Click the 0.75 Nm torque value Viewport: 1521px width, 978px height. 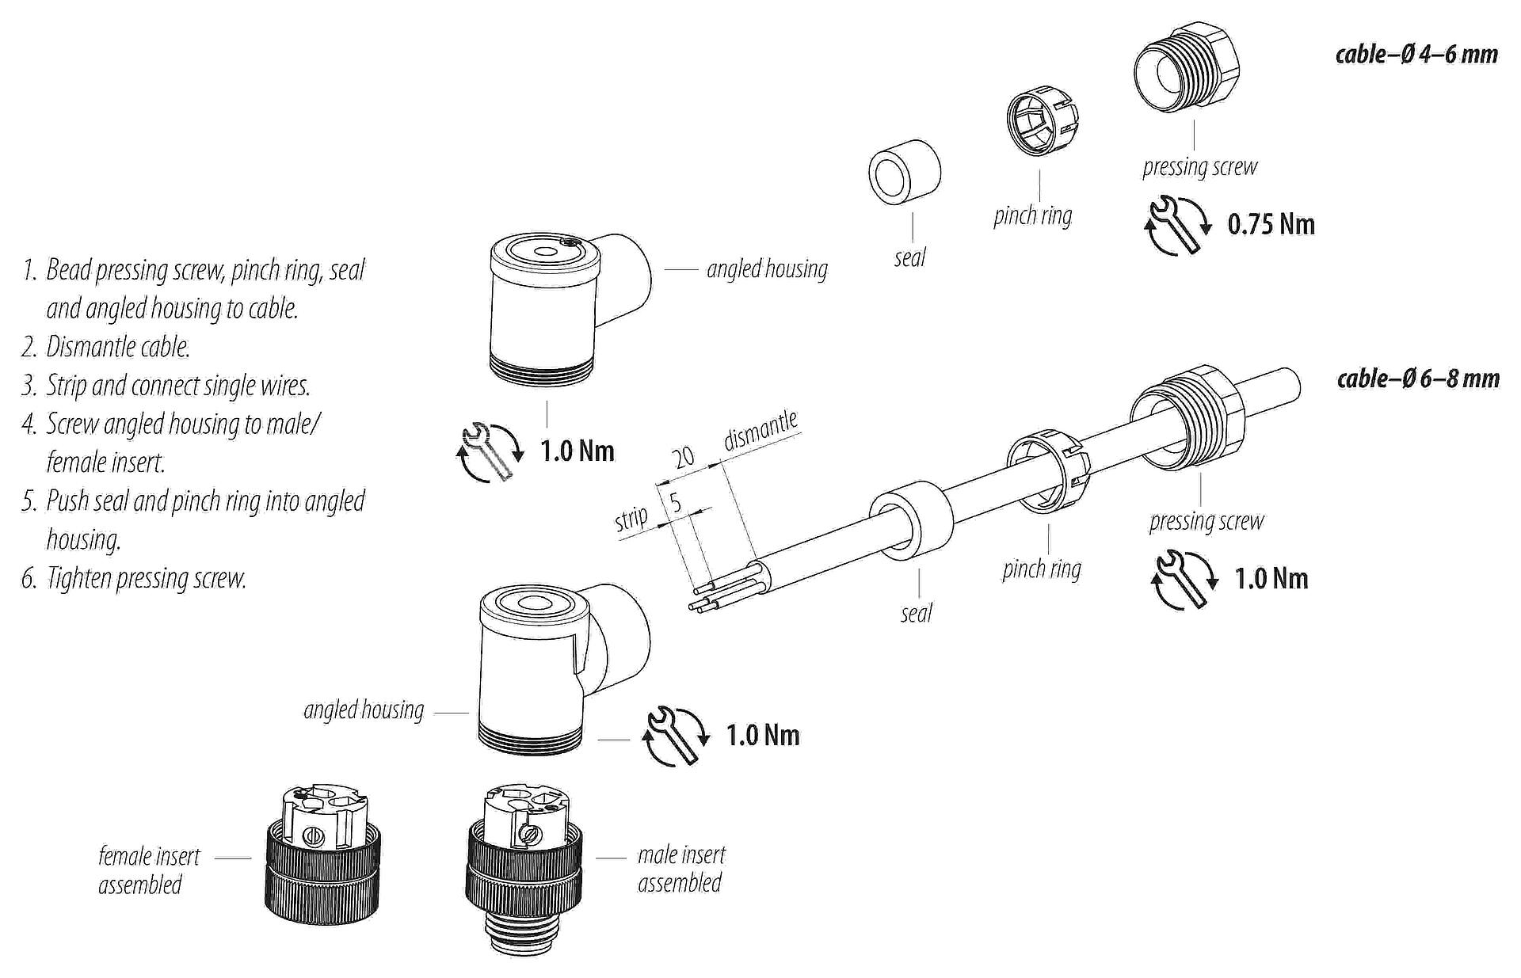coord(1271,224)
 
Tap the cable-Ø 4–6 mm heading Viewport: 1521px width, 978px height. coord(1416,55)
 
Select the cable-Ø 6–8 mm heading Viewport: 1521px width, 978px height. coord(1418,379)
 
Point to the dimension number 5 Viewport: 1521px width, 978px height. coord(676,502)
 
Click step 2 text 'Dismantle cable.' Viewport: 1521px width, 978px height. coord(118,347)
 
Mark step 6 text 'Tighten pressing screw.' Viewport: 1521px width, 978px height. coord(146,578)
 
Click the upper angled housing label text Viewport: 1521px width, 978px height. coord(767,269)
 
